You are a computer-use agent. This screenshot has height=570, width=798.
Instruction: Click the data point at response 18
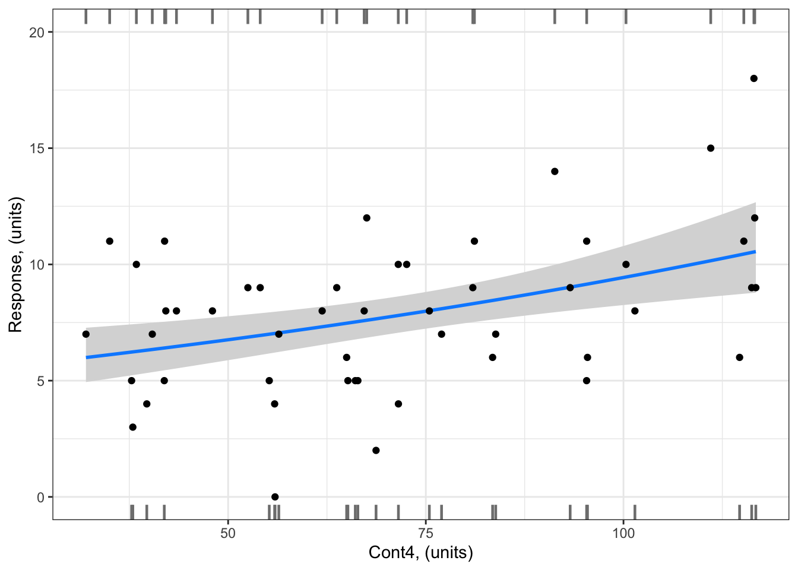pyautogui.click(x=753, y=78)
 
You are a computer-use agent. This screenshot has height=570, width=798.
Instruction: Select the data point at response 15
pyautogui.click(x=711, y=148)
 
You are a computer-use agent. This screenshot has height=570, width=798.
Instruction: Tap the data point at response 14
pyautogui.click(x=555, y=172)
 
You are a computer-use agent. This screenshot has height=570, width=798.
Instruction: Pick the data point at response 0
pyautogui.click(x=275, y=497)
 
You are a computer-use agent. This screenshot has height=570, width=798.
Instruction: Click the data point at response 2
pyautogui.click(x=376, y=450)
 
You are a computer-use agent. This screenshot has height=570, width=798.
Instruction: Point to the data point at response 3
pyautogui.click(x=133, y=427)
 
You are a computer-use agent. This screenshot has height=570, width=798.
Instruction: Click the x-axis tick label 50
pyautogui.click(x=228, y=533)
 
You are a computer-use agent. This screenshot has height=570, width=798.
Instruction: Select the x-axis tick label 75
pyautogui.click(x=426, y=533)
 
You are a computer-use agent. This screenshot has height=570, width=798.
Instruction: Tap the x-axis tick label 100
pyautogui.click(x=623, y=533)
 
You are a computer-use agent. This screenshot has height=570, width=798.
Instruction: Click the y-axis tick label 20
pyautogui.click(x=37, y=32)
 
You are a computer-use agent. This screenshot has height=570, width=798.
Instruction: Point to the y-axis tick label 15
pyautogui.click(x=37, y=148)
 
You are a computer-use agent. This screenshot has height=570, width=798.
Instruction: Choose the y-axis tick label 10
pyautogui.click(x=37, y=264)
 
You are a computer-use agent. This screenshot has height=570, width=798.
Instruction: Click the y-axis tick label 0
pyautogui.click(x=40, y=497)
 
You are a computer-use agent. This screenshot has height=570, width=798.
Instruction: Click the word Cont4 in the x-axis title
pyautogui.click(x=390, y=553)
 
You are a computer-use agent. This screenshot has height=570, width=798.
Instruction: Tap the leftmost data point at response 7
pyautogui.click(x=86, y=334)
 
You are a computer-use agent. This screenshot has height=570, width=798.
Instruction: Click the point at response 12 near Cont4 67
pyautogui.click(x=366, y=218)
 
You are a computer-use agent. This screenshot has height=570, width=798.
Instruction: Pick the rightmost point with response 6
pyautogui.click(x=739, y=357)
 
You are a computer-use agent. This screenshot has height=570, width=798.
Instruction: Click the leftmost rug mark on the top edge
pyautogui.click(x=86, y=17)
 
